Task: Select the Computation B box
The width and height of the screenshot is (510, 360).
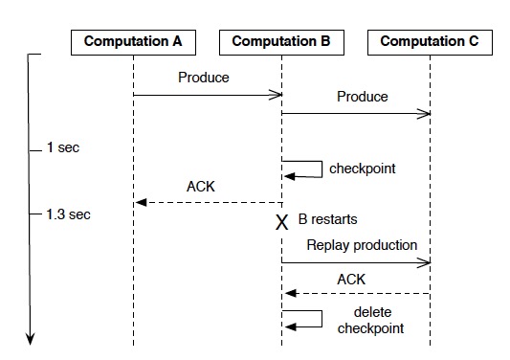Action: [x=281, y=42]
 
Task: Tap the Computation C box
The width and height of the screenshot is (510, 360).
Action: [x=430, y=42]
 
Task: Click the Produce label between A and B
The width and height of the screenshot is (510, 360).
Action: [x=203, y=78]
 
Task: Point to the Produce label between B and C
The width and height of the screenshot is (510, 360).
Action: [x=363, y=97]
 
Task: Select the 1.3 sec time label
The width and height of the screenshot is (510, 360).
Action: [x=68, y=214]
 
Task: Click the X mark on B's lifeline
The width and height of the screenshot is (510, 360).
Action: [x=281, y=222]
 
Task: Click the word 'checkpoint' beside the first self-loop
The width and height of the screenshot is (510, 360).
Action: [x=362, y=169]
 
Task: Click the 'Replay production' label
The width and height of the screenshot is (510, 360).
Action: [x=362, y=245]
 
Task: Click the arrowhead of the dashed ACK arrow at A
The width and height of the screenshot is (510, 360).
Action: [x=140, y=202]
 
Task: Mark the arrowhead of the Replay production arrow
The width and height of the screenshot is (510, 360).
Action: [x=425, y=261]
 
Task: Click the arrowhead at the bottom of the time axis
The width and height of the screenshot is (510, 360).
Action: [x=29, y=336]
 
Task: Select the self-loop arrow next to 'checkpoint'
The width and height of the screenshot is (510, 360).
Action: [x=304, y=169]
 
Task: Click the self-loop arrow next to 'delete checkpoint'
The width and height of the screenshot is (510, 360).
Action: [x=304, y=319]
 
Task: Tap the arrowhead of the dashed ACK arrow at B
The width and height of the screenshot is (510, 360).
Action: [x=288, y=294]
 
